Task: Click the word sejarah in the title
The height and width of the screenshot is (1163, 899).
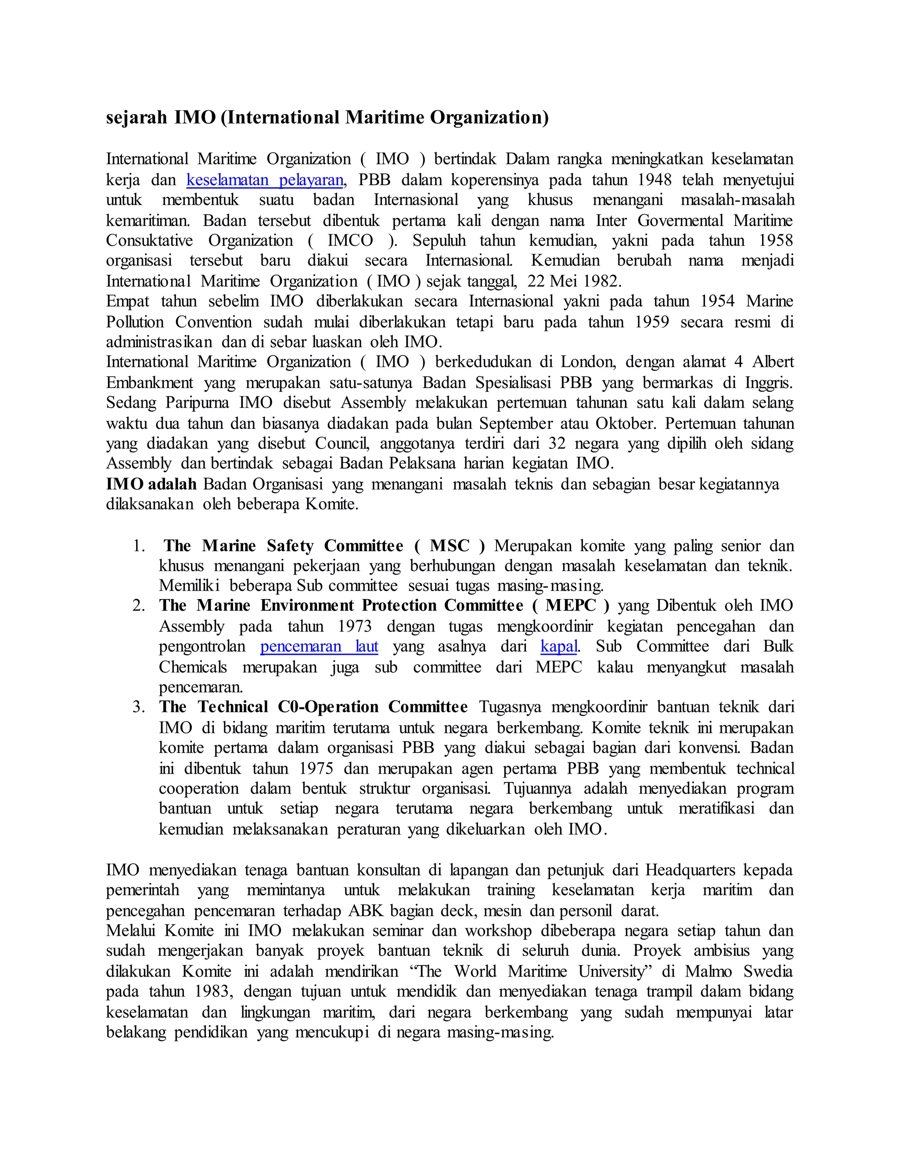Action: pyautogui.click(x=137, y=117)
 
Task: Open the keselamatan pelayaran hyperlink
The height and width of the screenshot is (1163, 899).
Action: pyautogui.click(x=265, y=180)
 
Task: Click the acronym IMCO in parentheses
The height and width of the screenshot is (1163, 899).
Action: pyautogui.click(x=350, y=240)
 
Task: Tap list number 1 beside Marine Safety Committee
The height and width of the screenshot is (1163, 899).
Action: pyautogui.click(x=138, y=546)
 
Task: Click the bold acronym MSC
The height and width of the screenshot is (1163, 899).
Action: pyautogui.click(x=449, y=546)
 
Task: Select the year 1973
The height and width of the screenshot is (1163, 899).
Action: pyautogui.click(x=354, y=627)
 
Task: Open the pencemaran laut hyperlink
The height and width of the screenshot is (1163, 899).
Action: pyautogui.click(x=319, y=646)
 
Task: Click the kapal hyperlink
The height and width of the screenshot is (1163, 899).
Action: pyautogui.click(x=559, y=646)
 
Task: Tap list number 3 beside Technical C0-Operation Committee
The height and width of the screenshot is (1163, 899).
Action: pyautogui.click(x=138, y=707)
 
